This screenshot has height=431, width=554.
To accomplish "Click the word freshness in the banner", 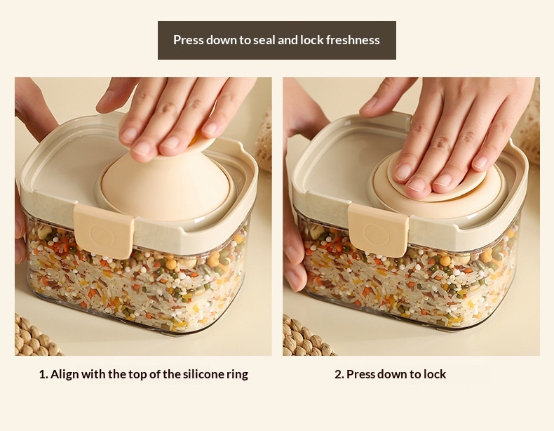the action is (x=353, y=40).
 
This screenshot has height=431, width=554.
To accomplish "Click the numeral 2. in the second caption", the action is (x=339, y=374).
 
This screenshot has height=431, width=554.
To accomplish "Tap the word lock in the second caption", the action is (x=435, y=374).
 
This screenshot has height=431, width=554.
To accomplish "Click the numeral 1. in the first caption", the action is (x=43, y=374).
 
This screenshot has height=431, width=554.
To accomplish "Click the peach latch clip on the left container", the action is (x=104, y=232).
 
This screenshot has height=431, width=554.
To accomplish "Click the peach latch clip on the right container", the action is (x=379, y=230).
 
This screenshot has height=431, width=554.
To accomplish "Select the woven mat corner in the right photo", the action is (x=306, y=338).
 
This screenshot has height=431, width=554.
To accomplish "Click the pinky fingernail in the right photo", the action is (x=481, y=162).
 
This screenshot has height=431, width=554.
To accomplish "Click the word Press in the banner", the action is (x=189, y=40).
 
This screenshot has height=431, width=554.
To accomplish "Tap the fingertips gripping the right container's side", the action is (x=295, y=262).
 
